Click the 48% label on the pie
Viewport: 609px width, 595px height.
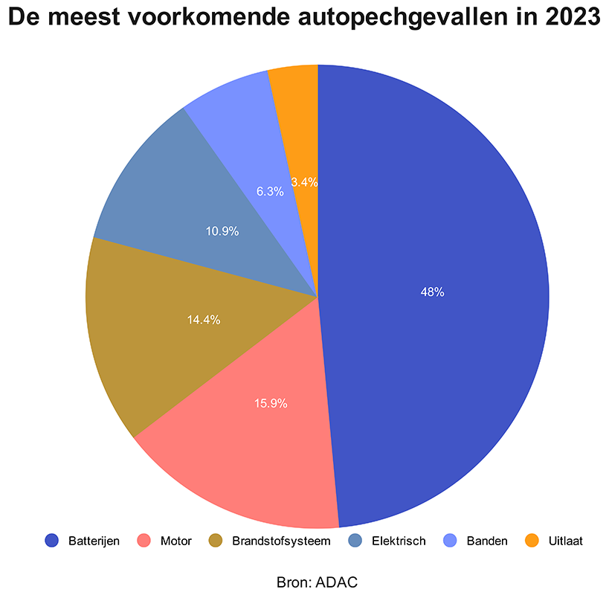point(432,292)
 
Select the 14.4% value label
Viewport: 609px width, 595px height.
point(204,320)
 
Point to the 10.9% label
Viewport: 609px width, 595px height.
point(222,231)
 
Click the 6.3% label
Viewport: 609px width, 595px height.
point(270,191)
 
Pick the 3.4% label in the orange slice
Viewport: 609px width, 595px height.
point(305,181)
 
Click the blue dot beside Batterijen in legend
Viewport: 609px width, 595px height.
point(51,541)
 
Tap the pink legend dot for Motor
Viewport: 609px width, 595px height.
point(144,541)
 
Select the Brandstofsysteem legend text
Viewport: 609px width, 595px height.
point(281,541)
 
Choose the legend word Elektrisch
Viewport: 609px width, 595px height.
point(399,541)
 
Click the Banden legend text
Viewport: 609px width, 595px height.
point(487,541)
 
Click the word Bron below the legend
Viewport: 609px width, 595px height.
point(291,581)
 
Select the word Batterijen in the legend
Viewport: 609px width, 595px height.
point(94,541)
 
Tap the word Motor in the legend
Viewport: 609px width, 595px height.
point(176,541)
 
